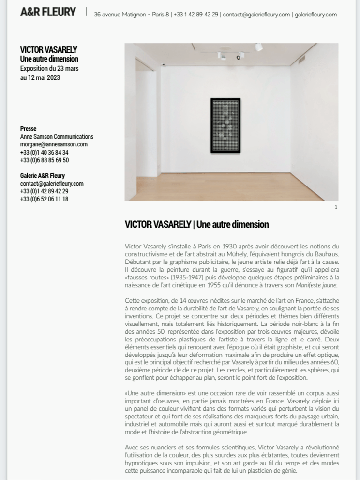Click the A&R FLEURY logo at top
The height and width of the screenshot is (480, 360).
[48, 13]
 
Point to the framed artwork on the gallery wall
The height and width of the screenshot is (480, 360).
[225, 124]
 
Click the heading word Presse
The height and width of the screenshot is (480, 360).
[28, 129]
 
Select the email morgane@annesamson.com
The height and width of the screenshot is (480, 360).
[54, 144]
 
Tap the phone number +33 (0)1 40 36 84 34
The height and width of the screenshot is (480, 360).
[44, 152]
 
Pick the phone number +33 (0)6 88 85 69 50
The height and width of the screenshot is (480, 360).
[45, 160]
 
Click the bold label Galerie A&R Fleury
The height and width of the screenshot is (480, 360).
[43, 175]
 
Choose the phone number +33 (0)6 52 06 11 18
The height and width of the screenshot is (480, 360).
[44, 199]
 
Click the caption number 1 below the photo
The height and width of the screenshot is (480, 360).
[336, 207]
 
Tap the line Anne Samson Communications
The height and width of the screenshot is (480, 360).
[57, 137]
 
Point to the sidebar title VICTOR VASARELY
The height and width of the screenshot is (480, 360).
[48, 50]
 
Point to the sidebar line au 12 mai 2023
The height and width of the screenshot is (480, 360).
[40, 77]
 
